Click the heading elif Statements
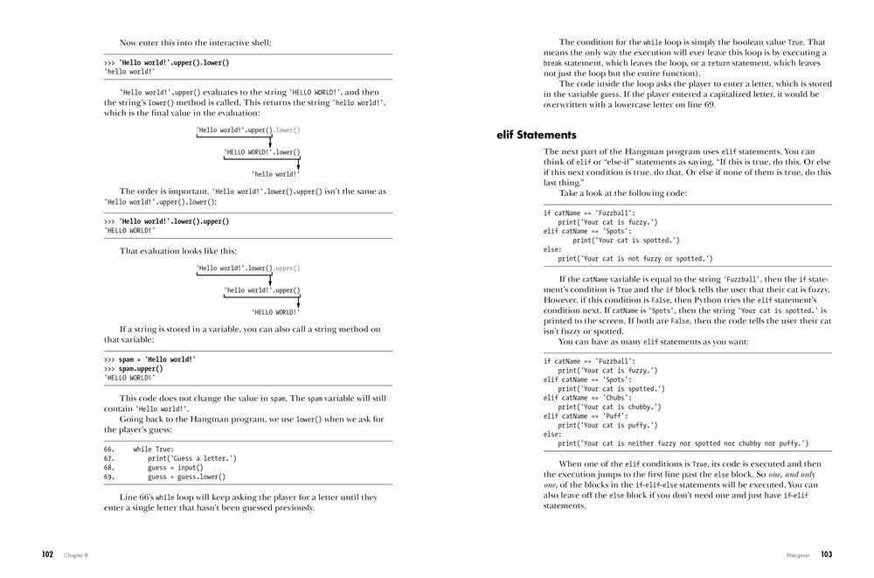536,136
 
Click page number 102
48,554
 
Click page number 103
826,554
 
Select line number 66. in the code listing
109,449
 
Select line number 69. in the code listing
109,477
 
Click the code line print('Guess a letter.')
191,458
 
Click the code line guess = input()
175,468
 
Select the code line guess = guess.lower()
186,477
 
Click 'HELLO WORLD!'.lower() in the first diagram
261,152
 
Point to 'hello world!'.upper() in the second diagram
261,290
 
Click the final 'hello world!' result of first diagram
275,174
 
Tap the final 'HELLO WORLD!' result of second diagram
275,311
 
